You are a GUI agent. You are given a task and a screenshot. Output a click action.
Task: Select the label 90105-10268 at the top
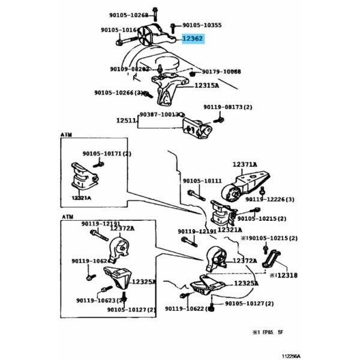coord(128,16)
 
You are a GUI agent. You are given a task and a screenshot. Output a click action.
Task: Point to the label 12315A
coord(206,86)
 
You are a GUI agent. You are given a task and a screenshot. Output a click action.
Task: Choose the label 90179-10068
coord(221,71)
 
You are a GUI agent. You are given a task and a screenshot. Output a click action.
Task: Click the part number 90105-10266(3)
coord(118,92)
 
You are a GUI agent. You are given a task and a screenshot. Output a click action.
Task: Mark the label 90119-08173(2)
coord(227,107)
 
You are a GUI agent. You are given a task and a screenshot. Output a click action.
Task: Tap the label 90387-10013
coord(159,114)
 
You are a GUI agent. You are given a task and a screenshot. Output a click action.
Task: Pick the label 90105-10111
coord(202,180)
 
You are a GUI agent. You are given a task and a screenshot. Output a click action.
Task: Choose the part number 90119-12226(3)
coord(270,199)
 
